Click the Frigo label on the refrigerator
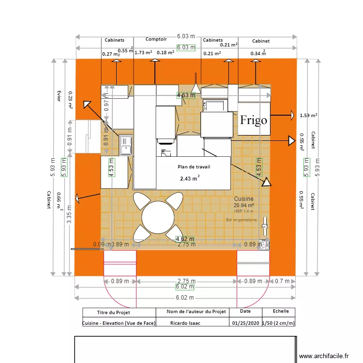[254, 120]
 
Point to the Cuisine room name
[244, 199]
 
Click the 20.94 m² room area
[244, 205]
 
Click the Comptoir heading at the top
[156, 39]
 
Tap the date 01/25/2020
[245, 323]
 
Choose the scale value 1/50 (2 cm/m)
[278, 323]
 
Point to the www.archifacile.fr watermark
[324, 356]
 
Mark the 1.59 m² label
[308, 115]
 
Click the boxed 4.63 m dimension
[186, 95]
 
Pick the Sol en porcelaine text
[241, 220]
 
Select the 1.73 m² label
[143, 53]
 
